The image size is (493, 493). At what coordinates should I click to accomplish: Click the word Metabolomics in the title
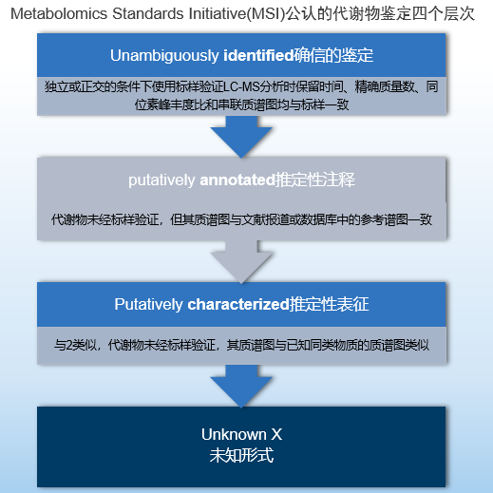[x=59, y=14]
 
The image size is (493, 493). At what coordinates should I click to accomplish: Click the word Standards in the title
[x=148, y=14]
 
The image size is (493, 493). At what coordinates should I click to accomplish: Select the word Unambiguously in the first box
[x=164, y=56]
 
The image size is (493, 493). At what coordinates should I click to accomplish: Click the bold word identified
[x=258, y=55]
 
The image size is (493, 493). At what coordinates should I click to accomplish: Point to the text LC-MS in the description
[x=241, y=86]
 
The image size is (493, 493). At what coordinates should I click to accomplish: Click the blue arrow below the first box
[x=241, y=137]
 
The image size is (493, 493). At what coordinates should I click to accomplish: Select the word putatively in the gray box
[x=161, y=180]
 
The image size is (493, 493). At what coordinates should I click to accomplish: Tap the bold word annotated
[x=237, y=180]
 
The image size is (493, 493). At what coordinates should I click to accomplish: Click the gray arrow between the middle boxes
[x=241, y=261]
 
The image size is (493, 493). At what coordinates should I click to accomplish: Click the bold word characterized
[x=238, y=304]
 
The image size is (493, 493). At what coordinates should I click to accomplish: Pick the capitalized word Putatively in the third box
[x=148, y=305]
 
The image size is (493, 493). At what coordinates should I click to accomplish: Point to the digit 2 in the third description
[x=68, y=345]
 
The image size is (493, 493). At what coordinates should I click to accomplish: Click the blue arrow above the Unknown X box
[x=241, y=386]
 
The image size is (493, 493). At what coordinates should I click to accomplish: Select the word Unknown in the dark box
[x=234, y=434]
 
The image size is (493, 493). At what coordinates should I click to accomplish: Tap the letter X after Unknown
[x=276, y=434]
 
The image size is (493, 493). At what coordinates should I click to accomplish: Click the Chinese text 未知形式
[x=241, y=455]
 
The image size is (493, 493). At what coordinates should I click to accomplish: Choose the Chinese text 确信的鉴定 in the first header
[x=333, y=56]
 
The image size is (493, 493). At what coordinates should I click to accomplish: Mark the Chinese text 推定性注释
[x=315, y=180]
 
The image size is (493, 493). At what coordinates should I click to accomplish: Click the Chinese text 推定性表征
[x=329, y=304]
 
